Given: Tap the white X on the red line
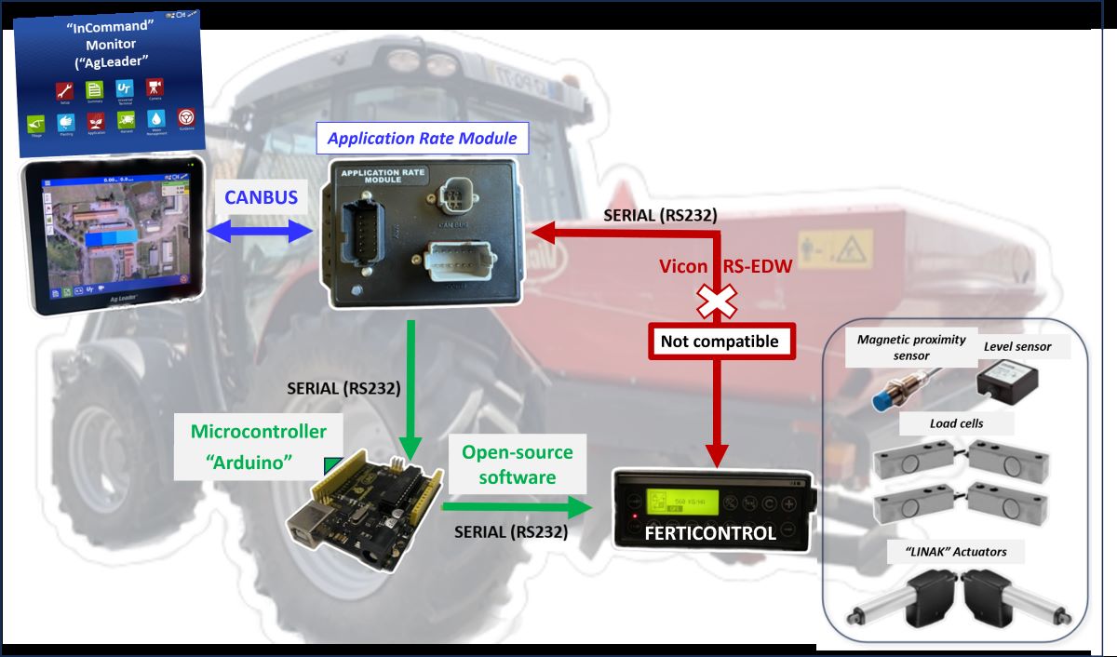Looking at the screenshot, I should point(718,300).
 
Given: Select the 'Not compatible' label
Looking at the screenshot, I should point(719,342).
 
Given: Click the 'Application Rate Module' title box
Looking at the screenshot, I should point(422,140).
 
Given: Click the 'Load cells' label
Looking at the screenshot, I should point(956,423).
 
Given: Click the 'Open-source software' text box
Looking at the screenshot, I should point(518,464).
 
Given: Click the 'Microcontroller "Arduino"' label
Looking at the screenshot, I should point(258,446).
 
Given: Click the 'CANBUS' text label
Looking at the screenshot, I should point(262,196).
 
